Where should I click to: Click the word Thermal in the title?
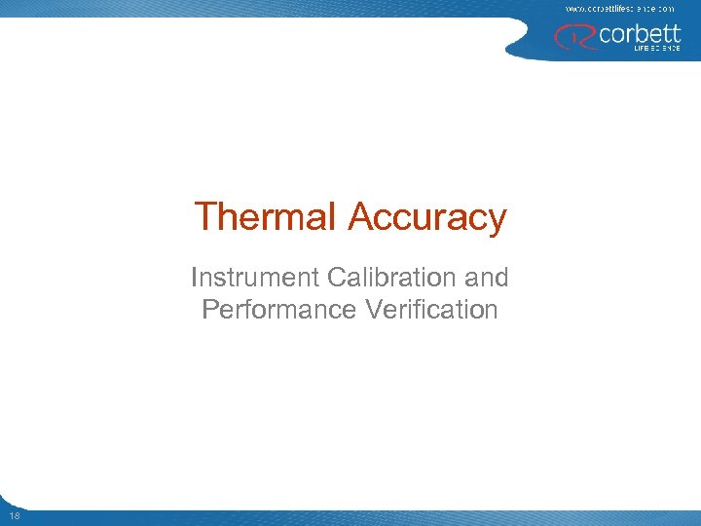(265, 216)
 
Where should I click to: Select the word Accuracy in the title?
(426, 216)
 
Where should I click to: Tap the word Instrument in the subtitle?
(255, 278)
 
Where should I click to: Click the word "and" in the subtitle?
(487, 278)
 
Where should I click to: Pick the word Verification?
(431, 310)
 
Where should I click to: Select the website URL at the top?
(619, 8)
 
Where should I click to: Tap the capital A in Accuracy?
(359, 216)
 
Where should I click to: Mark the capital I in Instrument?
(195, 278)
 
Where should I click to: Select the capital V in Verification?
(375, 310)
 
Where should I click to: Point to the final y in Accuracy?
(498, 221)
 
